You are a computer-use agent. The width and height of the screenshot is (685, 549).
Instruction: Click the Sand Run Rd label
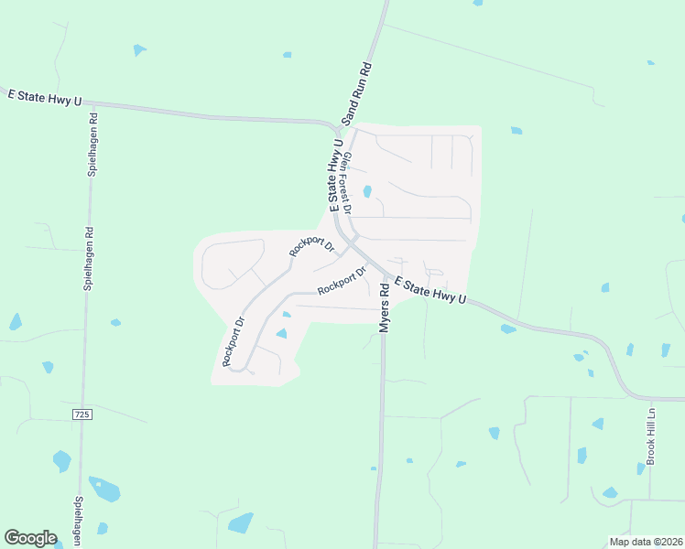pos(356,93)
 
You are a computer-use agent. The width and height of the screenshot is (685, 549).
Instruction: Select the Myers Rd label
pos(385,307)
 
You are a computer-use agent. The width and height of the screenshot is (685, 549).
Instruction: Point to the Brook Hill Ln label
pos(651,436)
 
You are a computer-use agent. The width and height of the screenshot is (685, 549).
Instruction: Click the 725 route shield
pos(82,414)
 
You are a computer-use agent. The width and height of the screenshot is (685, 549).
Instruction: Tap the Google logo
pos(30,537)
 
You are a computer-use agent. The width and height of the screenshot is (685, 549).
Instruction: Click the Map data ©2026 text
pos(645,542)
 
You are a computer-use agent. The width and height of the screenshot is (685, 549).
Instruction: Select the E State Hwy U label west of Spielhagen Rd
pos(43,96)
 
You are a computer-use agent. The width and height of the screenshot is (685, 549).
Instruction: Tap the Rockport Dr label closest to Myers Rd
pos(342,281)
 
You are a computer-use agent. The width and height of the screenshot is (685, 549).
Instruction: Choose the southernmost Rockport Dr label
pos(234,340)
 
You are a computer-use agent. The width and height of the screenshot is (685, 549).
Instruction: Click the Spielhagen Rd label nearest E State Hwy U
pos(92,145)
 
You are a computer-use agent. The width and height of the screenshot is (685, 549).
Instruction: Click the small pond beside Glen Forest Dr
pos(367,192)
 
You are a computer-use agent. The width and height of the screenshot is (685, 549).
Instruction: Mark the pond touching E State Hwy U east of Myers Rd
pos(507,328)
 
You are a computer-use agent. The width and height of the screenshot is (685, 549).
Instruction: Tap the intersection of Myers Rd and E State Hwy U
pos(384,274)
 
